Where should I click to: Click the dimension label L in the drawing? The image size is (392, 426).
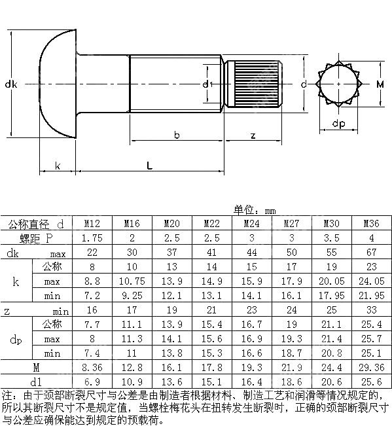click(150, 166)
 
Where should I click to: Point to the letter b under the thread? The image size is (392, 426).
click(176, 135)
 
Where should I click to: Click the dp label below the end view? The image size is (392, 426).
click(338, 124)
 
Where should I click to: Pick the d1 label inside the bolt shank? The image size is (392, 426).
click(206, 84)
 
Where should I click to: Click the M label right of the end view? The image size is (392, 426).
click(380, 84)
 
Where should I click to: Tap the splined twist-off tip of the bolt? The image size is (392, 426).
click(253, 84)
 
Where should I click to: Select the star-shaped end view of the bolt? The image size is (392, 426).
click(338, 84)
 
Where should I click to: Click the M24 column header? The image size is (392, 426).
click(252, 224)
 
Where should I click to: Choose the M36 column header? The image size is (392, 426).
click(371, 224)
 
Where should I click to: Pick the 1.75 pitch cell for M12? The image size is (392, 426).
click(92, 238)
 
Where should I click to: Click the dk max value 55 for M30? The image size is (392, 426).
click(331, 253)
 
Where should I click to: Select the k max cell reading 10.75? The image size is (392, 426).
click(132, 281)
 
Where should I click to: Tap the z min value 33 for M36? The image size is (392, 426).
click(371, 310)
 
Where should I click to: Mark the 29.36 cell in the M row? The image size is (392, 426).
click(371, 368)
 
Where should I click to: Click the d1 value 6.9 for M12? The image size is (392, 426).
click(92, 382)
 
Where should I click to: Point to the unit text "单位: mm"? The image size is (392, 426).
click(256, 210)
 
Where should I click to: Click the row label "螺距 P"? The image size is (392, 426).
click(36, 238)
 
